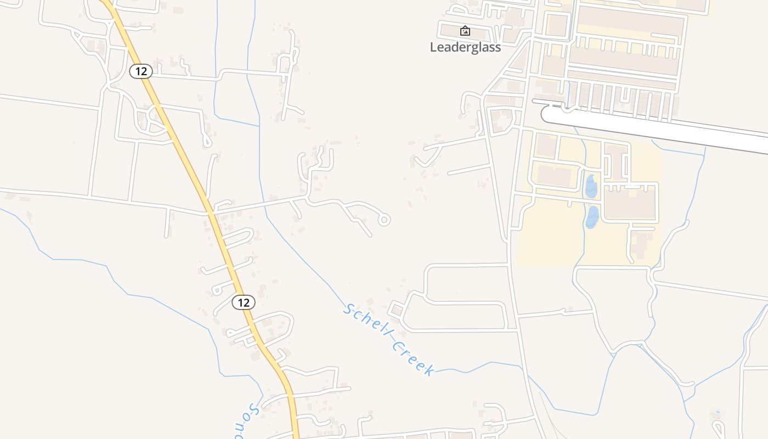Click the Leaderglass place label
coord(465,47)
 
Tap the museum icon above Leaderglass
coord(465,31)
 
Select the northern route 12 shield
coord(141,71)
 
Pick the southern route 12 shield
coord(244,302)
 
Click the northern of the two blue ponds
coord(591,186)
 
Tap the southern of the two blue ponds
coord(592,217)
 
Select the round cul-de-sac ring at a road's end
coord(384,220)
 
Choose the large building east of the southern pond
coord(630,202)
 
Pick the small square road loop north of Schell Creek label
coord(397,310)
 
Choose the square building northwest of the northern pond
coord(545,145)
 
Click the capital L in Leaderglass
coord(433,47)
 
